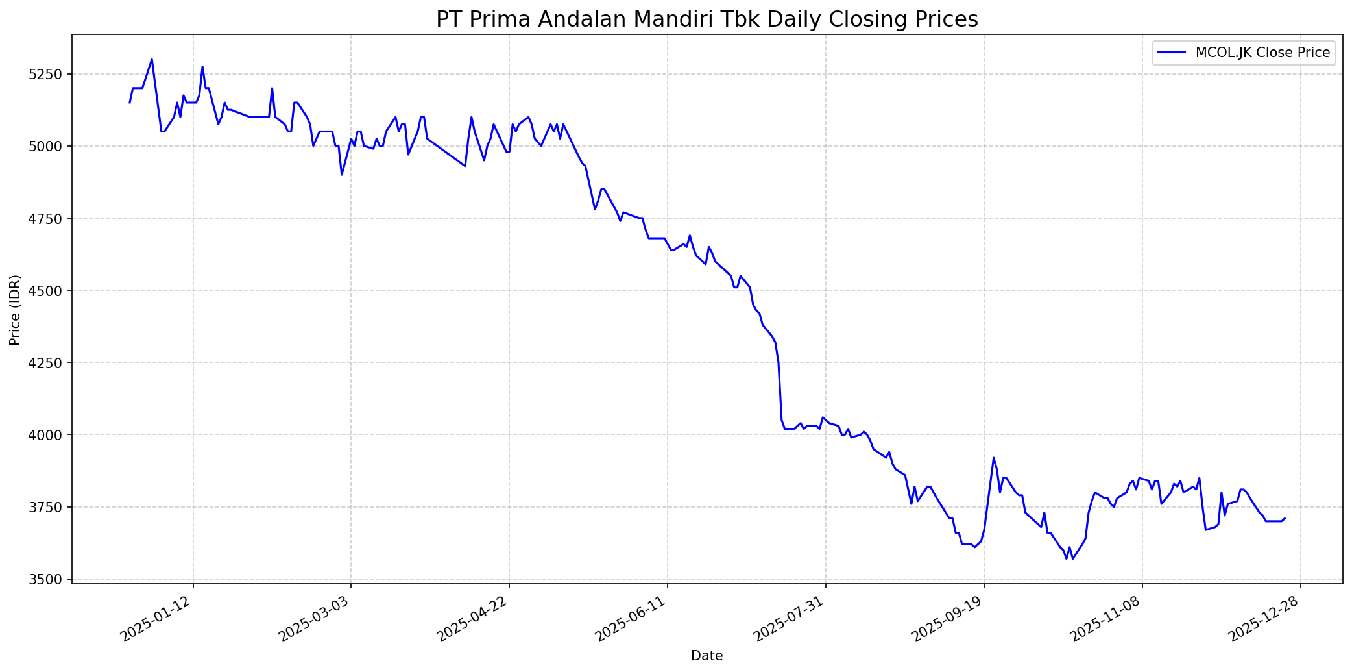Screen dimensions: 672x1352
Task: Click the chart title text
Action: [x=706, y=19]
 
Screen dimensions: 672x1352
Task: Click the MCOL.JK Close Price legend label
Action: [x=1262, y=53]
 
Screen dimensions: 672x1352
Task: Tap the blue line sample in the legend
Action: [x=1173, y=53]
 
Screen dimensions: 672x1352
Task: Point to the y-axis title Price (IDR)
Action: [x=16, y=310]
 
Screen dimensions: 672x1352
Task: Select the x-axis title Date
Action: [x=706, y=656]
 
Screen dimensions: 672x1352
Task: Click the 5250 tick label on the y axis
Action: [x=47, y=74]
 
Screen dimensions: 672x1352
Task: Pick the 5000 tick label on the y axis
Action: [x=47, y=146]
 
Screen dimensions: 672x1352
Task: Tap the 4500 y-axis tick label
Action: [x=47, y=290]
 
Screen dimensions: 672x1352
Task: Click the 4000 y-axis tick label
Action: [x=47, y=434]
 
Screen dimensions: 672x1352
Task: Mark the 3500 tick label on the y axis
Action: [x=47, y=579]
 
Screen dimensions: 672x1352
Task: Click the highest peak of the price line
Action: [x=152, y=59]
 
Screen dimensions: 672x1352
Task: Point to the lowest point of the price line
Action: [x=1066, y=559]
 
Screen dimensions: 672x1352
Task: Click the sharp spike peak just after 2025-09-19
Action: [x=993, y=458]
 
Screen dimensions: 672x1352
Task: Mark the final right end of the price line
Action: [x=1285, y=518]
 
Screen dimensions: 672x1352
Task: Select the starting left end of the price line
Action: [x=129, y=103]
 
